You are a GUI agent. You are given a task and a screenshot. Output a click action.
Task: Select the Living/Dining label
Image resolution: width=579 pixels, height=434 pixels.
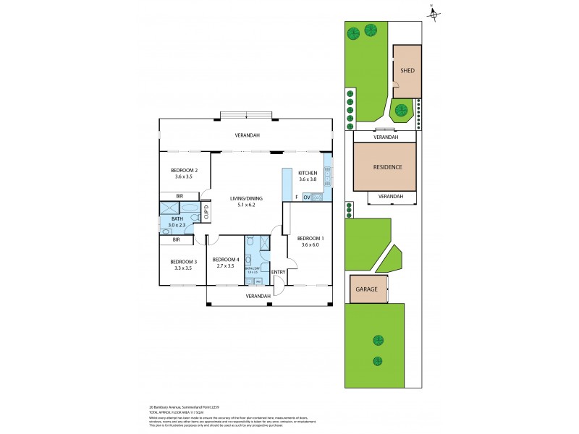246,198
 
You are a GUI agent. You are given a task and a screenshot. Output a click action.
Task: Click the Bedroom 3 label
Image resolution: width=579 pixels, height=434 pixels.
183,261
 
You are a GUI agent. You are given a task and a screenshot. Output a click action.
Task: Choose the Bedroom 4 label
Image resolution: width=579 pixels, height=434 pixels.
225,260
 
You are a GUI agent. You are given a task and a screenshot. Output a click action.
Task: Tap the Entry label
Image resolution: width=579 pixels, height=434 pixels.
279,272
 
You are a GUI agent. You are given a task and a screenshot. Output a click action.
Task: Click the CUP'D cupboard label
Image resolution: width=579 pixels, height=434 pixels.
206,213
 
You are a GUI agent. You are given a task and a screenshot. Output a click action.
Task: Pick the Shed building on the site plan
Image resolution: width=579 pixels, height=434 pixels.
407,71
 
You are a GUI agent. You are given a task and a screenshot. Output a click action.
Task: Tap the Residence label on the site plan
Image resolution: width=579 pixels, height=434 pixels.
387,167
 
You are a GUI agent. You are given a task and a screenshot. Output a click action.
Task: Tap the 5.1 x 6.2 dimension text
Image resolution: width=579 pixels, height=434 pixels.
246,205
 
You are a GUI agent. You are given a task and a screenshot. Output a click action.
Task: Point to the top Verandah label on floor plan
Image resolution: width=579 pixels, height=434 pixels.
246,135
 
